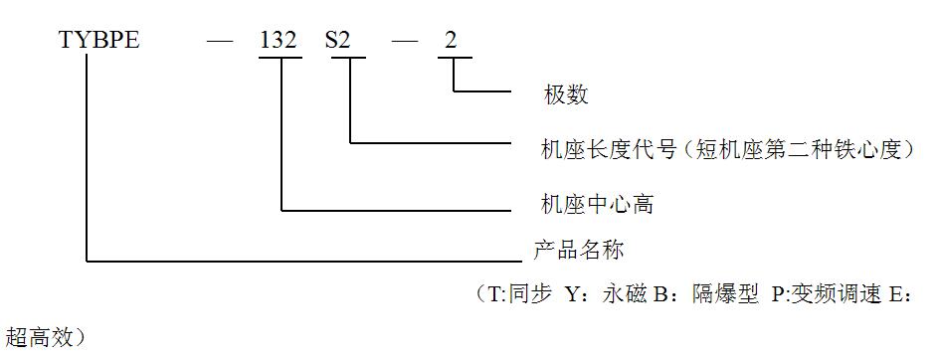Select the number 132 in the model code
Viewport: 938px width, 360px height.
point(279,42)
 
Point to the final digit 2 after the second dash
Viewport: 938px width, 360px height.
point(452,42)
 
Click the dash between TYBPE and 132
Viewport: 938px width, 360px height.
point(221,42)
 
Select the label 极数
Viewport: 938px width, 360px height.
point(566,95)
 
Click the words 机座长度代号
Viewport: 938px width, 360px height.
point(609,149)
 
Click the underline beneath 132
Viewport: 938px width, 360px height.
point(280,58)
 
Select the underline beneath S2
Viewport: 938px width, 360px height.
point(348,58)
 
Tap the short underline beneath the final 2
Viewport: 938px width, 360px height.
point(453,58)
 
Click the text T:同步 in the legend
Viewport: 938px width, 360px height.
point(519,296)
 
